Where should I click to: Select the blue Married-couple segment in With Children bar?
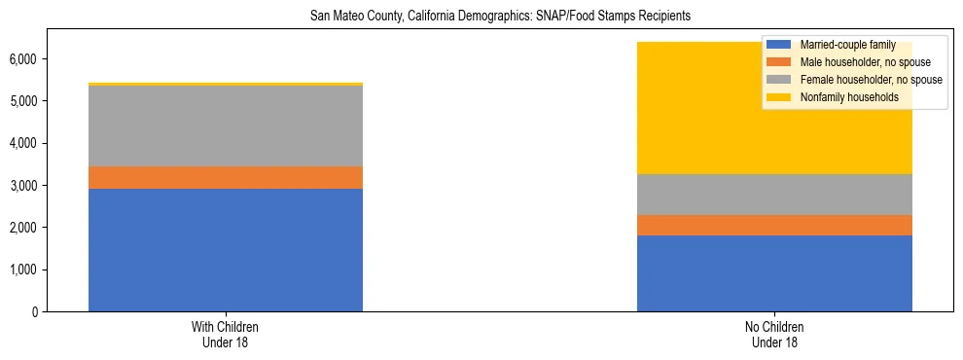[x=226, y=250]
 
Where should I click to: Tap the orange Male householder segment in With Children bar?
[x=226, y=178]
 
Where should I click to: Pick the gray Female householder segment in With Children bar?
[x=226, y=126]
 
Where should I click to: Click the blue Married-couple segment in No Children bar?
[x=774, y=273]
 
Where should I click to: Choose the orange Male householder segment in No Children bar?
[x=774, y=226]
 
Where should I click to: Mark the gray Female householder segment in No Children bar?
[x=774, y=195]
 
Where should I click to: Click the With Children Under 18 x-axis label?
[x=226, y=335]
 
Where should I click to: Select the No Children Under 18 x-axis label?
[x=774, y=335]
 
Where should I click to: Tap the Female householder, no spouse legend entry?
[x=865, y=80]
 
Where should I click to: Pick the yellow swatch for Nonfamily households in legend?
[x=779, y=97]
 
